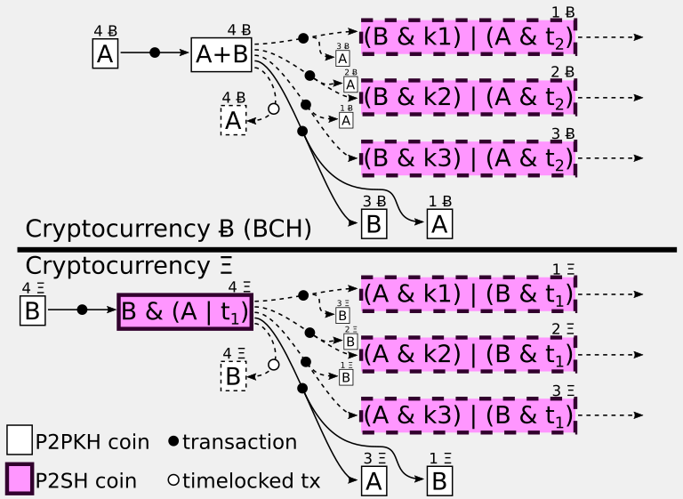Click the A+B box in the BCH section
point(221,54)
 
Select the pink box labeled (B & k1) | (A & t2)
point(469,37)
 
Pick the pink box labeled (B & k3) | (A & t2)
point(469,157)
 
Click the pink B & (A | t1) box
point(185,311)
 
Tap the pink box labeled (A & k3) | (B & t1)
point(469,414)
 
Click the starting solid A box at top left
point(105,54)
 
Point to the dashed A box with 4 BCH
point(233,120)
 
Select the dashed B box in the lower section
point(233,376)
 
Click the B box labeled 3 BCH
point(374,223)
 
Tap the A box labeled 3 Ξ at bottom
point(374,480)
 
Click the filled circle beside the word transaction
point(173,442)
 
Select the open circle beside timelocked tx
point(173,481)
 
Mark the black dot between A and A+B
point(155,53)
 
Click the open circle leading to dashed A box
point(273,108)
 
